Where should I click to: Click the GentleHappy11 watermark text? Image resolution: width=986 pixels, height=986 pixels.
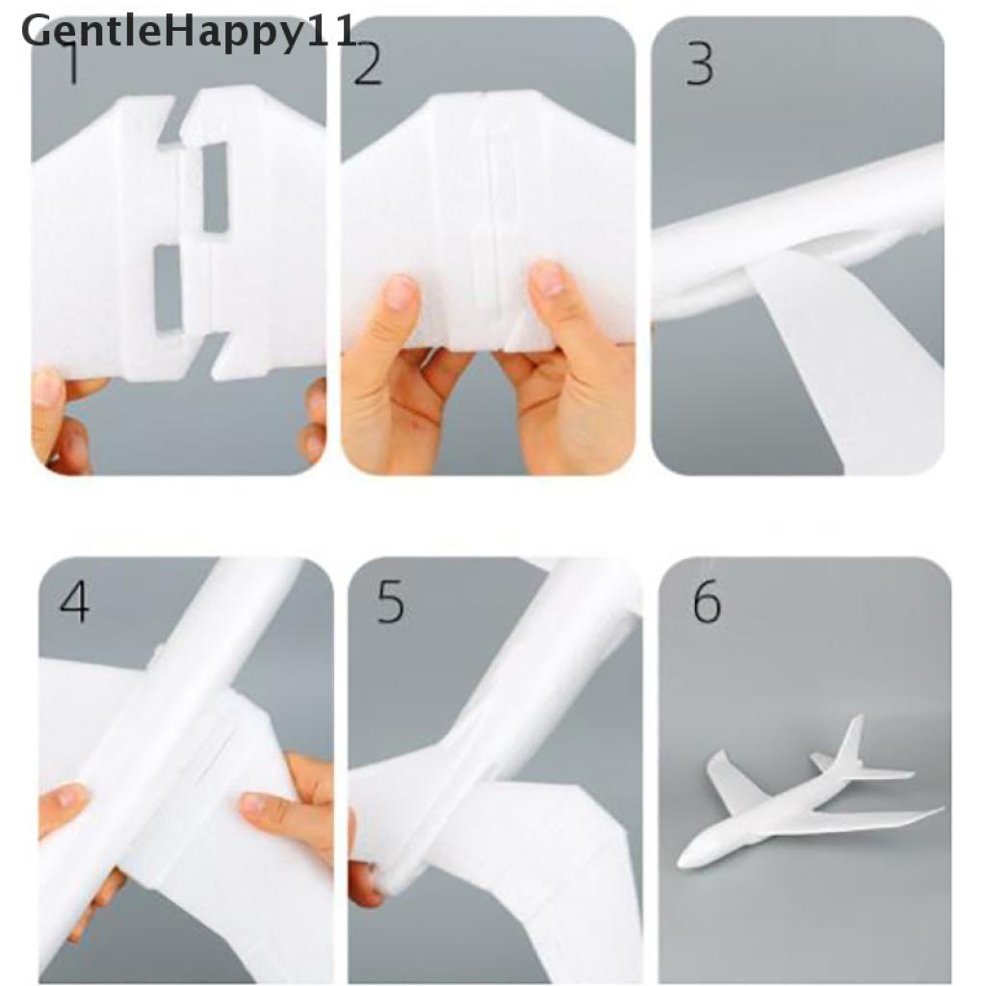189,33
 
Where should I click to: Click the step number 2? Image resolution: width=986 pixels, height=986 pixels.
368,65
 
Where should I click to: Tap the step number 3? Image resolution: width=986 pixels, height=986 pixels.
699,65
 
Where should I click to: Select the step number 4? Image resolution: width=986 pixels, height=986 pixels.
73,602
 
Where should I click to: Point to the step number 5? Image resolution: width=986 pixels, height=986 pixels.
390,602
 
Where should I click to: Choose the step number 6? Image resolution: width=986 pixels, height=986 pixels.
707,602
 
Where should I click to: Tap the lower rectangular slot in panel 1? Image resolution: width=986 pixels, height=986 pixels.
168,289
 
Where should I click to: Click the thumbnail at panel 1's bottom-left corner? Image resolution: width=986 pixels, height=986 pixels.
47,385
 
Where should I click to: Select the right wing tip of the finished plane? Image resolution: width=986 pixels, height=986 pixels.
940,809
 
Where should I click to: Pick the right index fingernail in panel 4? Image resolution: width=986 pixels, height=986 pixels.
256,804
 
